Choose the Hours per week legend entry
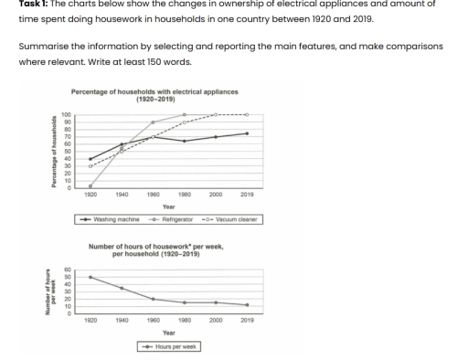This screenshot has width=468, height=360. coord(168,346)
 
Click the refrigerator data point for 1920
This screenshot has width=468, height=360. coord(90,186)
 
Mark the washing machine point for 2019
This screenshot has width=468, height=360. coord(247,133)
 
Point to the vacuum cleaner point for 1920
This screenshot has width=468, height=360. coord(90,166)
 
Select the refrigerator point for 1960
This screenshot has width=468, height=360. coord(153,122)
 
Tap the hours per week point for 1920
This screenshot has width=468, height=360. coord(90,277)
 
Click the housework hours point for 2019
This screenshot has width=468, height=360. coord(247,305)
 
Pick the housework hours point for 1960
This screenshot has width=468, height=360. coord(153,299)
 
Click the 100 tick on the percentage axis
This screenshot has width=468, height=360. coord(66,115)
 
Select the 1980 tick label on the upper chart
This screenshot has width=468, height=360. coord(184,195)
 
